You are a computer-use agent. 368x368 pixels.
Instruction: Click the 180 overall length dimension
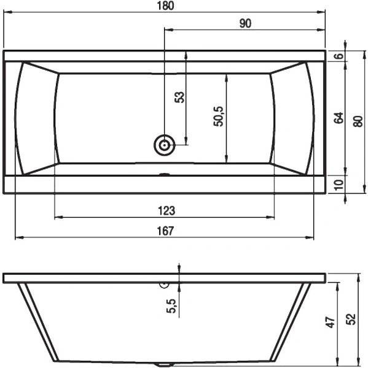(x=165, y=6)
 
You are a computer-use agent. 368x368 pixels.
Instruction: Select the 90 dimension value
(x=245, y=23)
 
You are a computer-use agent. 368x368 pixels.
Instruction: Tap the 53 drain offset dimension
(x=179, y=97)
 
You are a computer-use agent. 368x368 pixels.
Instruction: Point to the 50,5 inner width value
(x=218, y=117)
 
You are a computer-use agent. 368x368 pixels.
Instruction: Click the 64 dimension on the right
(x=339, y=118)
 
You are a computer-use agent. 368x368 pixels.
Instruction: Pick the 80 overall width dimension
(x=358, y=121)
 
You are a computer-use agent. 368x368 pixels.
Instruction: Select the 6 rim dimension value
(x=339, y=56)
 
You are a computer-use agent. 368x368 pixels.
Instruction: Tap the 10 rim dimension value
(x=339, y=185)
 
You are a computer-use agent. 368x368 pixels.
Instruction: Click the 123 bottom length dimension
(x=166, y=210)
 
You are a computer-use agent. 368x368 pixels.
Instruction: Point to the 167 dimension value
(x=165, y=231)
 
